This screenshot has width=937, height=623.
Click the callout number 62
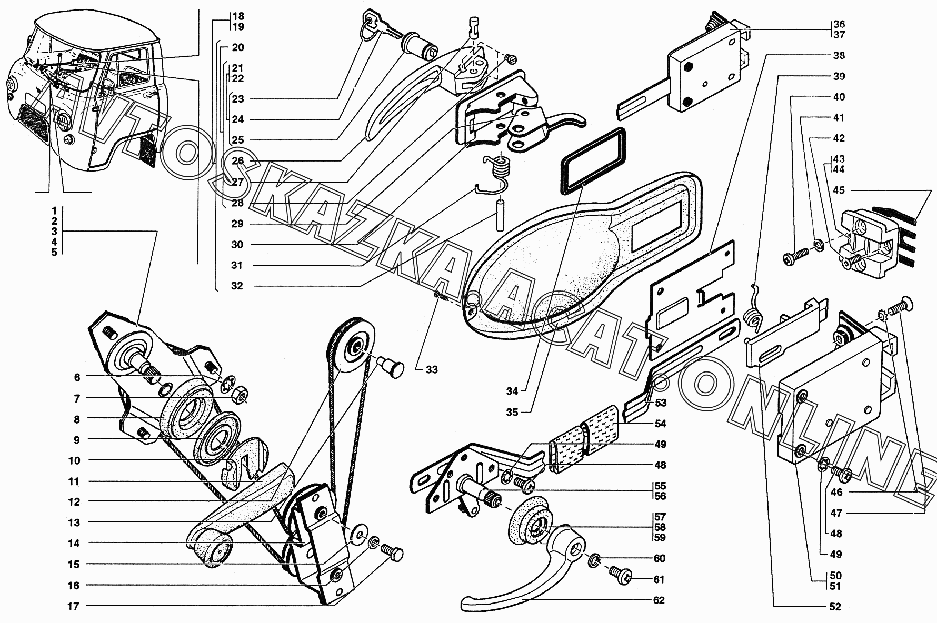[x=659, y=600]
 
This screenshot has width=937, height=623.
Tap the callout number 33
[x=432, y=370]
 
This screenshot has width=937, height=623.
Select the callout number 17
[x=73, y=606]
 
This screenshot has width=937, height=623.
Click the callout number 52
[x=834, y=607]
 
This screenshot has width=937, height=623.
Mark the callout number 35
[x=513, y=412]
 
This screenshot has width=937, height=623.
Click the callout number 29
[x=237, y=224]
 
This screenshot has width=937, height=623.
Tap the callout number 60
[x=659, y=558]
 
